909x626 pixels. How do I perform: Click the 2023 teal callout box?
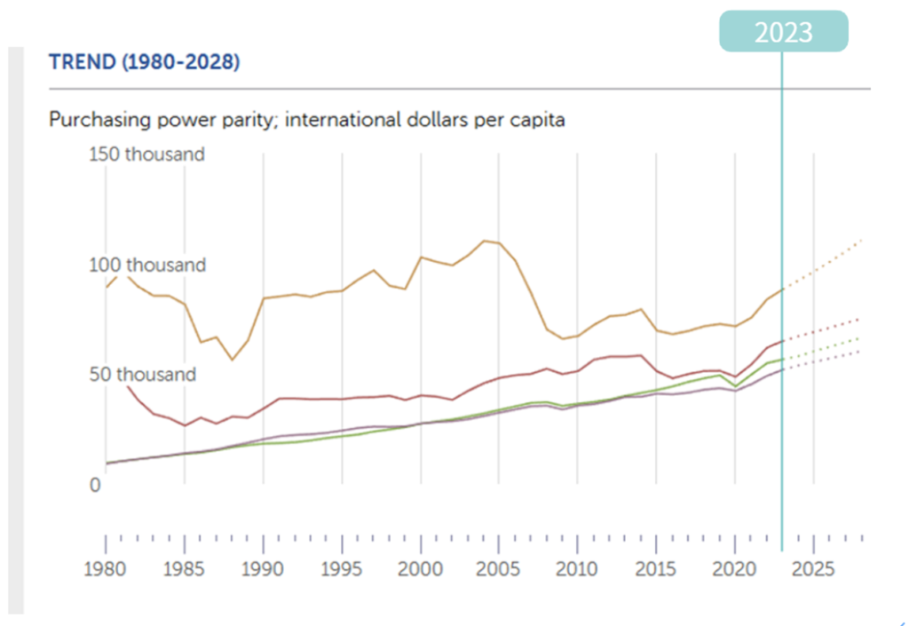783,32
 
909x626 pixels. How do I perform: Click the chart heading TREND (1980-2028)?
145,63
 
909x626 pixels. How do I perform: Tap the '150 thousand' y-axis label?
147,155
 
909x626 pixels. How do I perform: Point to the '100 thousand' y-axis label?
147,265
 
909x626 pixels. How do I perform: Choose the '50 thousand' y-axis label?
143,375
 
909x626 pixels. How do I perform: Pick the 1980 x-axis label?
106,569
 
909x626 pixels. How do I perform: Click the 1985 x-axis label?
184,569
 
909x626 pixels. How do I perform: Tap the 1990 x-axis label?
263,569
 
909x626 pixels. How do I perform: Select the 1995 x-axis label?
342,569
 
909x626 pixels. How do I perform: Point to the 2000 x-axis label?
421,569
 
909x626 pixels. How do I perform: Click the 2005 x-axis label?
500,569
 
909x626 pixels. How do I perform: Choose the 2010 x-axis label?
578,569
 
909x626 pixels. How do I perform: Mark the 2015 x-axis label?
657,569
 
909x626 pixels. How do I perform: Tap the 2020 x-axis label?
736,569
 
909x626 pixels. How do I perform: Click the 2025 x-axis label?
814,569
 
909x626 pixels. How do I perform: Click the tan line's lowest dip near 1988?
232,360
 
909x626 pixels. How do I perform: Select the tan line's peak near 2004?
484,241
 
